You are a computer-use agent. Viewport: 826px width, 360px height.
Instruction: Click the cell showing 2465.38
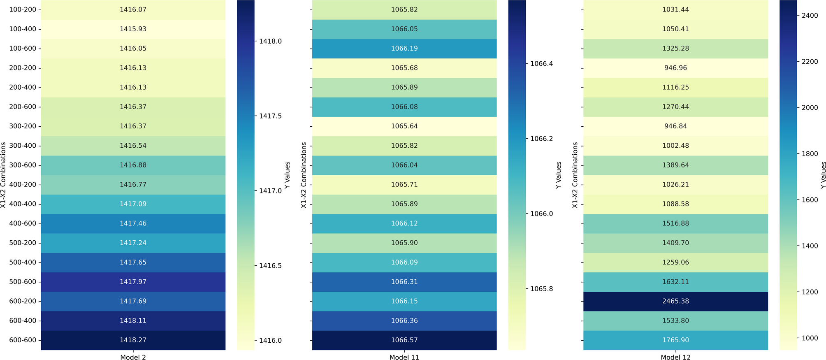click(675, 301)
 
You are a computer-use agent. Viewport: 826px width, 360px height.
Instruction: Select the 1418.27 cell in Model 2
click(133, 340)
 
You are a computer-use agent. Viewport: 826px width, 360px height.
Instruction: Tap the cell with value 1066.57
click(404, 340)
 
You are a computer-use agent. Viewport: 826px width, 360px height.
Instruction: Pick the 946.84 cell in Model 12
click(675, 126)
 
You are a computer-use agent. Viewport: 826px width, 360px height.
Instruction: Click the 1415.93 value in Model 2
click(133, 29)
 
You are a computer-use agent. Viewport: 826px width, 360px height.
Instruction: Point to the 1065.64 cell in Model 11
click(404, 126)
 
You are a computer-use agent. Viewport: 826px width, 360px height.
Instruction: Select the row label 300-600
click(22, 165)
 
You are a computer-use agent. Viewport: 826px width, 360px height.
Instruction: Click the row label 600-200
click(22, 301)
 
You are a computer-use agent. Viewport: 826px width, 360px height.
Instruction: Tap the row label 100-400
click(22, 29)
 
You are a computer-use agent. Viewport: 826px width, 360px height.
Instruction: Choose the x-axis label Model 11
click(404, 357)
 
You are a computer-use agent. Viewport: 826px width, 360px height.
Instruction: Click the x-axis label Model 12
click(675, 357)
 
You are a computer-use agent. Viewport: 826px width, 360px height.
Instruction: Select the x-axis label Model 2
click(133, 357)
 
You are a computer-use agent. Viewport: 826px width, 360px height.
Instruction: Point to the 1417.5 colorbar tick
click(270, 116)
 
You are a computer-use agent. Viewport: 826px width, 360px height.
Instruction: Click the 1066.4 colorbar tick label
click(542, 64)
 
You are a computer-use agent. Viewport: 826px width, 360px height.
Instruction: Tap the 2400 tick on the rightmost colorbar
click(810, 15)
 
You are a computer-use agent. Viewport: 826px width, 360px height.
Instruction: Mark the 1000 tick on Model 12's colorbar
click(810, 338)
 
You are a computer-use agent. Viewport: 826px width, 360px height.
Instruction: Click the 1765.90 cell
click(675, 340)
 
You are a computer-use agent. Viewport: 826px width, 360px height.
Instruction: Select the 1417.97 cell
click(133, 282)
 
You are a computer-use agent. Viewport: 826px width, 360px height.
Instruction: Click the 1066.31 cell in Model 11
click(404, 282)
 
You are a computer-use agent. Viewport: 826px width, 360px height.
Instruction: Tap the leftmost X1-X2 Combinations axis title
click(3, 175)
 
